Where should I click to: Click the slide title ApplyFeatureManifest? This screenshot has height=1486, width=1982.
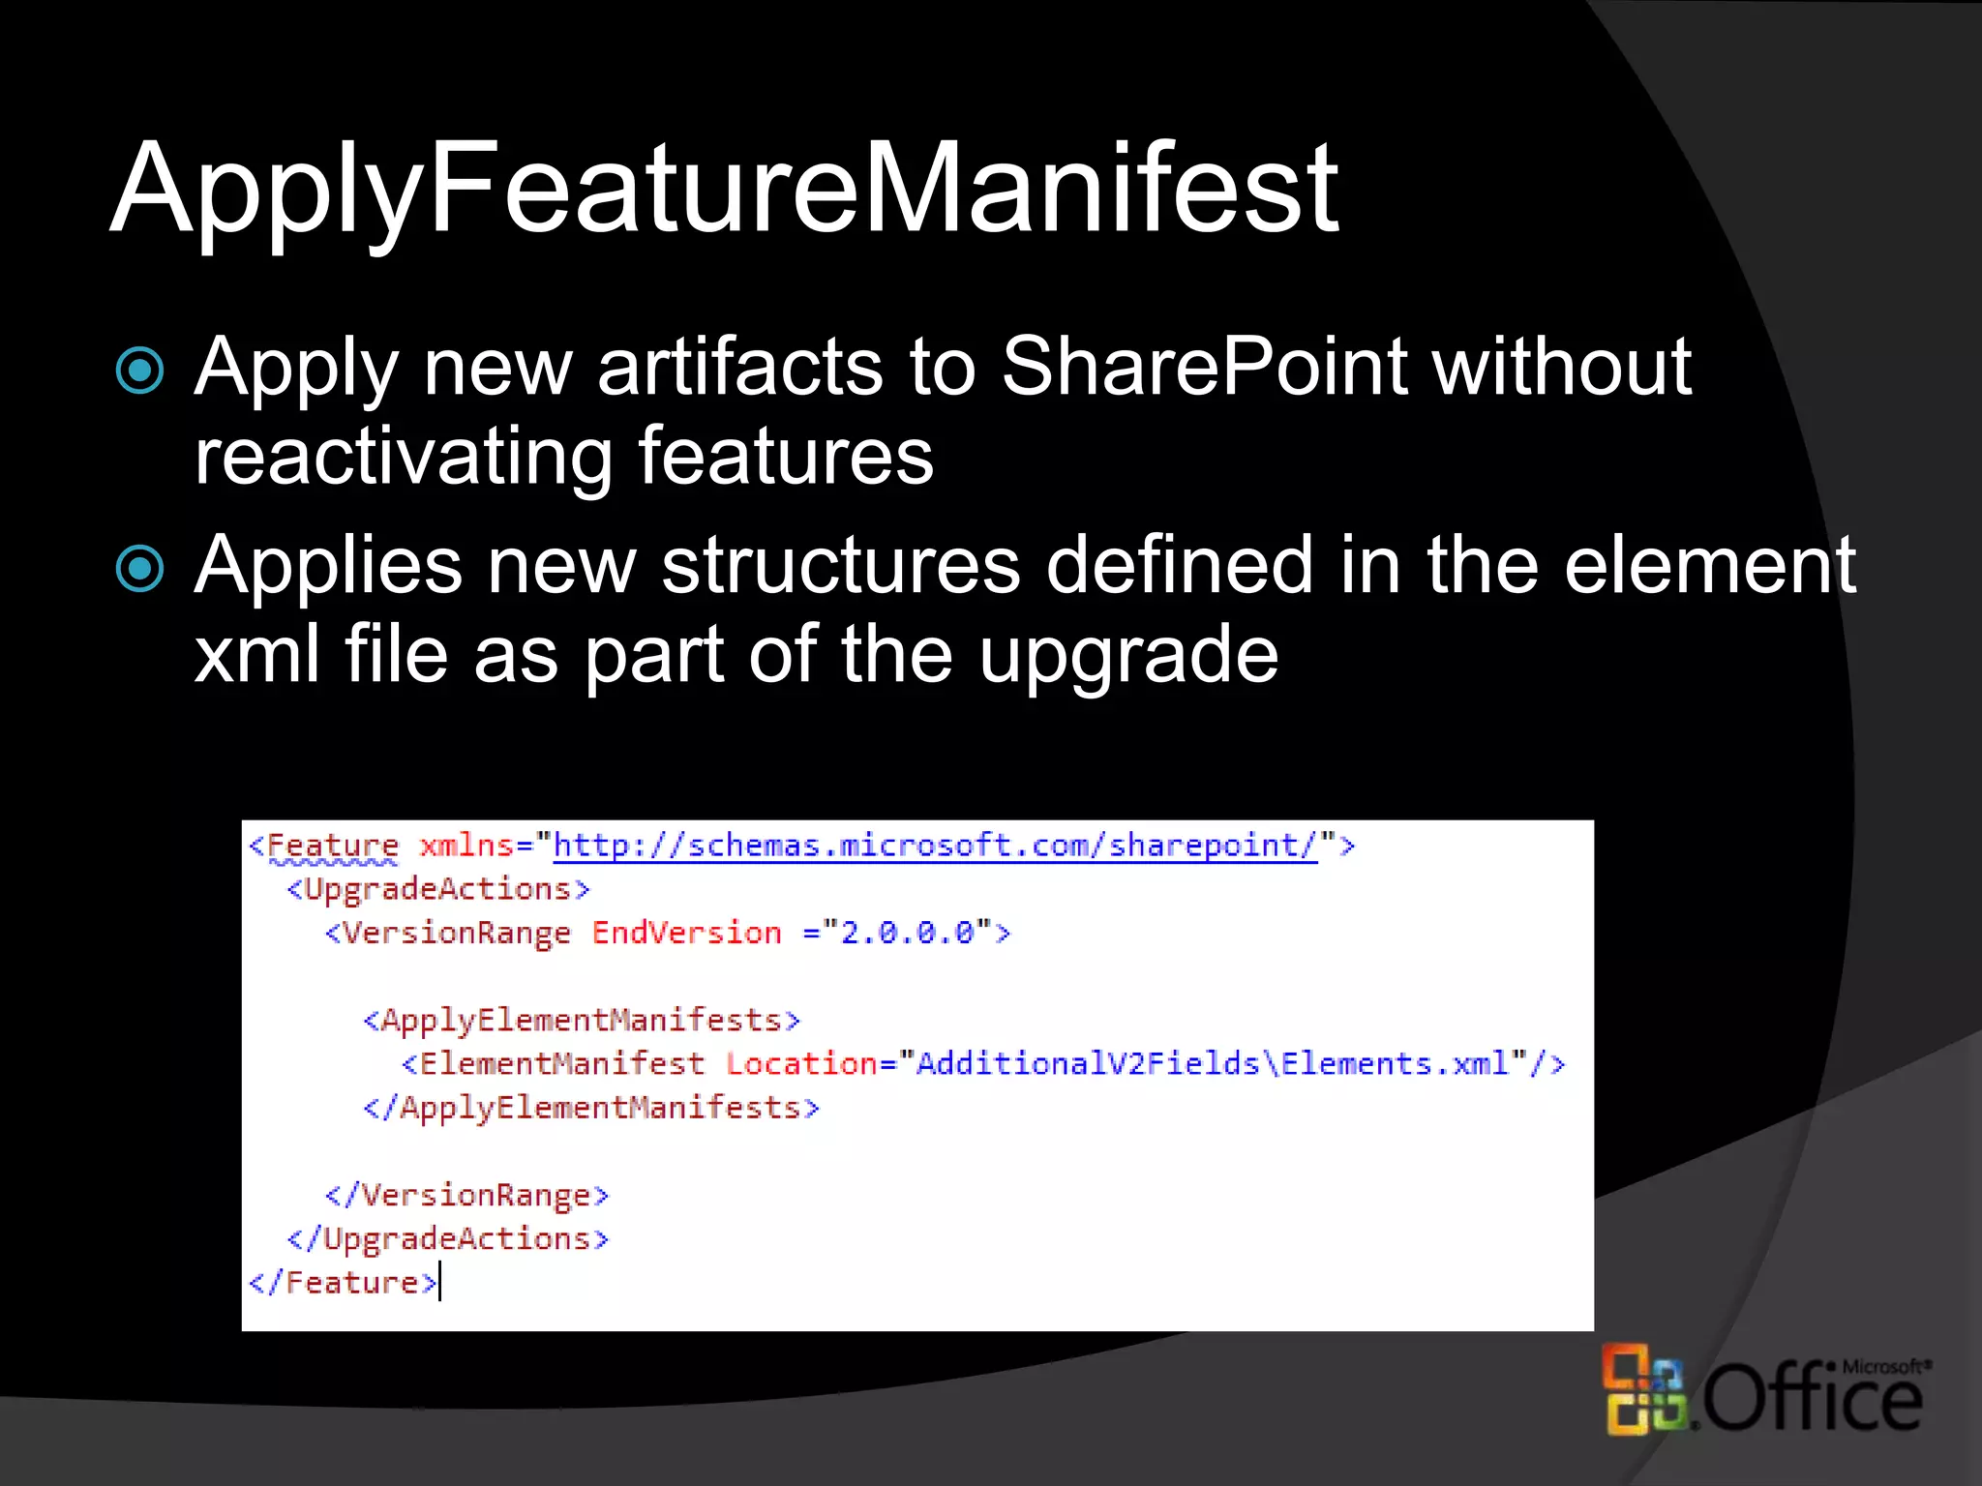click(x=724, y=188)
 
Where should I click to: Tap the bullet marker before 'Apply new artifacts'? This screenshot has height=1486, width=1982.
click(x=140, y=371)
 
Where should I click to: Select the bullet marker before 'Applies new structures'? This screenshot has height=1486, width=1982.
click(x=140, y=569)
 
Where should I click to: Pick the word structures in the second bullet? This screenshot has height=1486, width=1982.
click(x=840, y=565)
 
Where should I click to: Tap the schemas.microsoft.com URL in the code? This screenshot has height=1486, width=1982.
click(x=935, y=846)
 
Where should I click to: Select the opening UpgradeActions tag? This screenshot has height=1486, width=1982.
click(x=438, y=889)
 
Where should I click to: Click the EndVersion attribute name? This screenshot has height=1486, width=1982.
click(x=686, y=933)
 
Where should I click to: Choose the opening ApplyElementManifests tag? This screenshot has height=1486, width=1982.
click(x=582, y=1021)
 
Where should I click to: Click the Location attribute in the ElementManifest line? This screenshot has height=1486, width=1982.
click(x=801, y=1064)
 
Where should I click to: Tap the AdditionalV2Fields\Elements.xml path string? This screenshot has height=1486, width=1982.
click(x=1213, y=1064)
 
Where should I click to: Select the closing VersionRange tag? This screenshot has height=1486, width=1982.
click(x=467, y=1196)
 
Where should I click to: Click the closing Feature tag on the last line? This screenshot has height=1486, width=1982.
click(x=344, y=1283)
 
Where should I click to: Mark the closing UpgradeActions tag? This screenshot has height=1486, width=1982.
click(x=448, y=1239)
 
